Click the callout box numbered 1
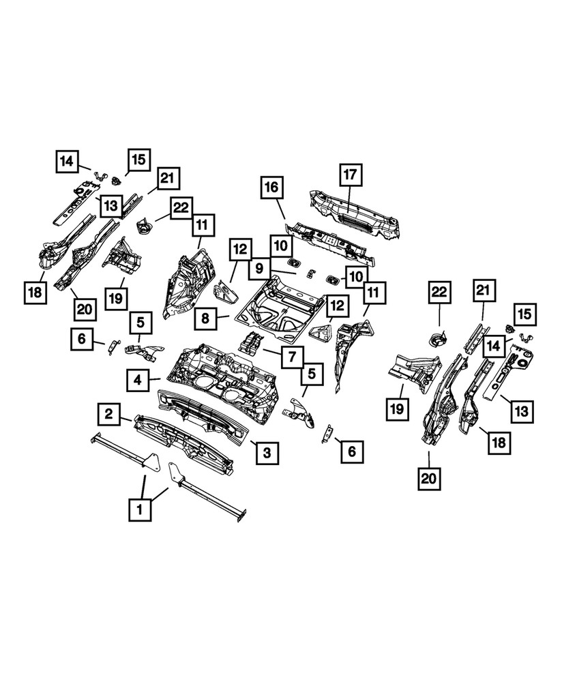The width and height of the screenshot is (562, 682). pos(140,509)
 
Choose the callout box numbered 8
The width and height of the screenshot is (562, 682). pos(207,317)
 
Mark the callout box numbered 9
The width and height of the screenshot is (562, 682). pos(259,269)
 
